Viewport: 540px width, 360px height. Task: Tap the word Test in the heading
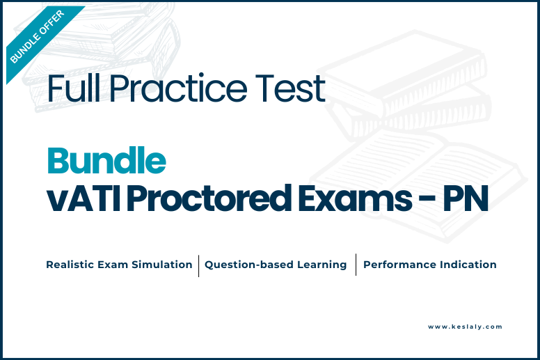290,88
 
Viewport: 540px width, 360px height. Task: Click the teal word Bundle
106,160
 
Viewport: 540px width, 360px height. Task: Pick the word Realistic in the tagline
70,265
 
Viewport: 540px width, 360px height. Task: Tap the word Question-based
248,265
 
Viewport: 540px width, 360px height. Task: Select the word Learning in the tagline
322,265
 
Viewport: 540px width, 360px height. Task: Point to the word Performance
399,265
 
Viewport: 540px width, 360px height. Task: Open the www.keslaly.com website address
465,327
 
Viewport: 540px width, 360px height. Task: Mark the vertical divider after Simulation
199,265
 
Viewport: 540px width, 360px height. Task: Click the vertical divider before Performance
356,265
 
